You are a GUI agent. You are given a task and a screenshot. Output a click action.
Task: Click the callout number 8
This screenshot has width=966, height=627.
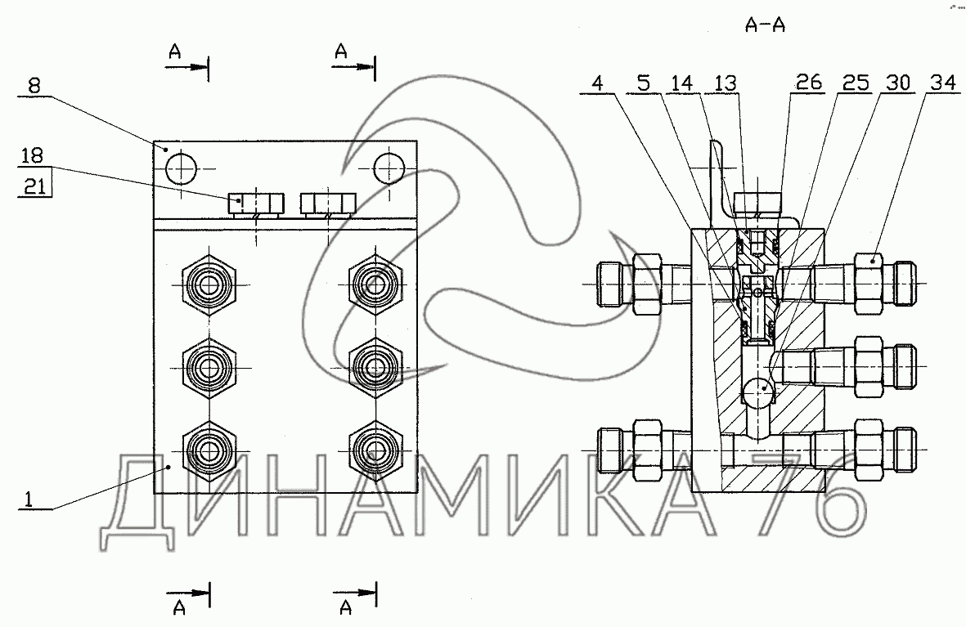pyautogui.click(x=34, y=85)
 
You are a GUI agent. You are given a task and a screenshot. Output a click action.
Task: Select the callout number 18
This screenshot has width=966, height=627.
pyautogui.click(x=32, y=155)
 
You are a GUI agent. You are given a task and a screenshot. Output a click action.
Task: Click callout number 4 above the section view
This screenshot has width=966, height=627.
pyautogui.click(x=598, y=83)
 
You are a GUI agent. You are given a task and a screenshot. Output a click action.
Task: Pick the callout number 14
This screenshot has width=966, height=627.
pyautogui.click(x=682, y=83)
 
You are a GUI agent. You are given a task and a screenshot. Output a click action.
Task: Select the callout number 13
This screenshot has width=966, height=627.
pyautogui.click(x=726, y=83)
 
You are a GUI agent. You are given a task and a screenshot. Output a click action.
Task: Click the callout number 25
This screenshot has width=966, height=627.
pyautogui.click(x=856, y=82)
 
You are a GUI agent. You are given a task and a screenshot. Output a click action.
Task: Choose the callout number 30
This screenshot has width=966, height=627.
pyautogui.click(x=897, y=82)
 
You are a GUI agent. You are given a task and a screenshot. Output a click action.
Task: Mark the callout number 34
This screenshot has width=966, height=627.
pyautogui.click(x=942, y=82)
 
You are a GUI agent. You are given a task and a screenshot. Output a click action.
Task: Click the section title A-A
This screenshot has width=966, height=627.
pyautogui.click(x=765, y=25)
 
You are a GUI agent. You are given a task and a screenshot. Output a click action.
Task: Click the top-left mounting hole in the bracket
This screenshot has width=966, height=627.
pyautogui.click(x=181, y=168)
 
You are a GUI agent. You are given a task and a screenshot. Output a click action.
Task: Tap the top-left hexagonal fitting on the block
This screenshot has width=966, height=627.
pyautogui.click(x=210, y=284)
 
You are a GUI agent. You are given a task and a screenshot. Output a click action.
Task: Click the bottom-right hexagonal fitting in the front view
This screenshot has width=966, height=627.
pyautogui.click(x=375, y=451)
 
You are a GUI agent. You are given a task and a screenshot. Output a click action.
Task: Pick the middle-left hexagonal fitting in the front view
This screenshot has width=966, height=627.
pyautogui.click(x=210, y=369)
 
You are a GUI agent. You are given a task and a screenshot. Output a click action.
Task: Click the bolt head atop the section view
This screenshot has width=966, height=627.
pyautogui.click(x=757, y=202)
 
